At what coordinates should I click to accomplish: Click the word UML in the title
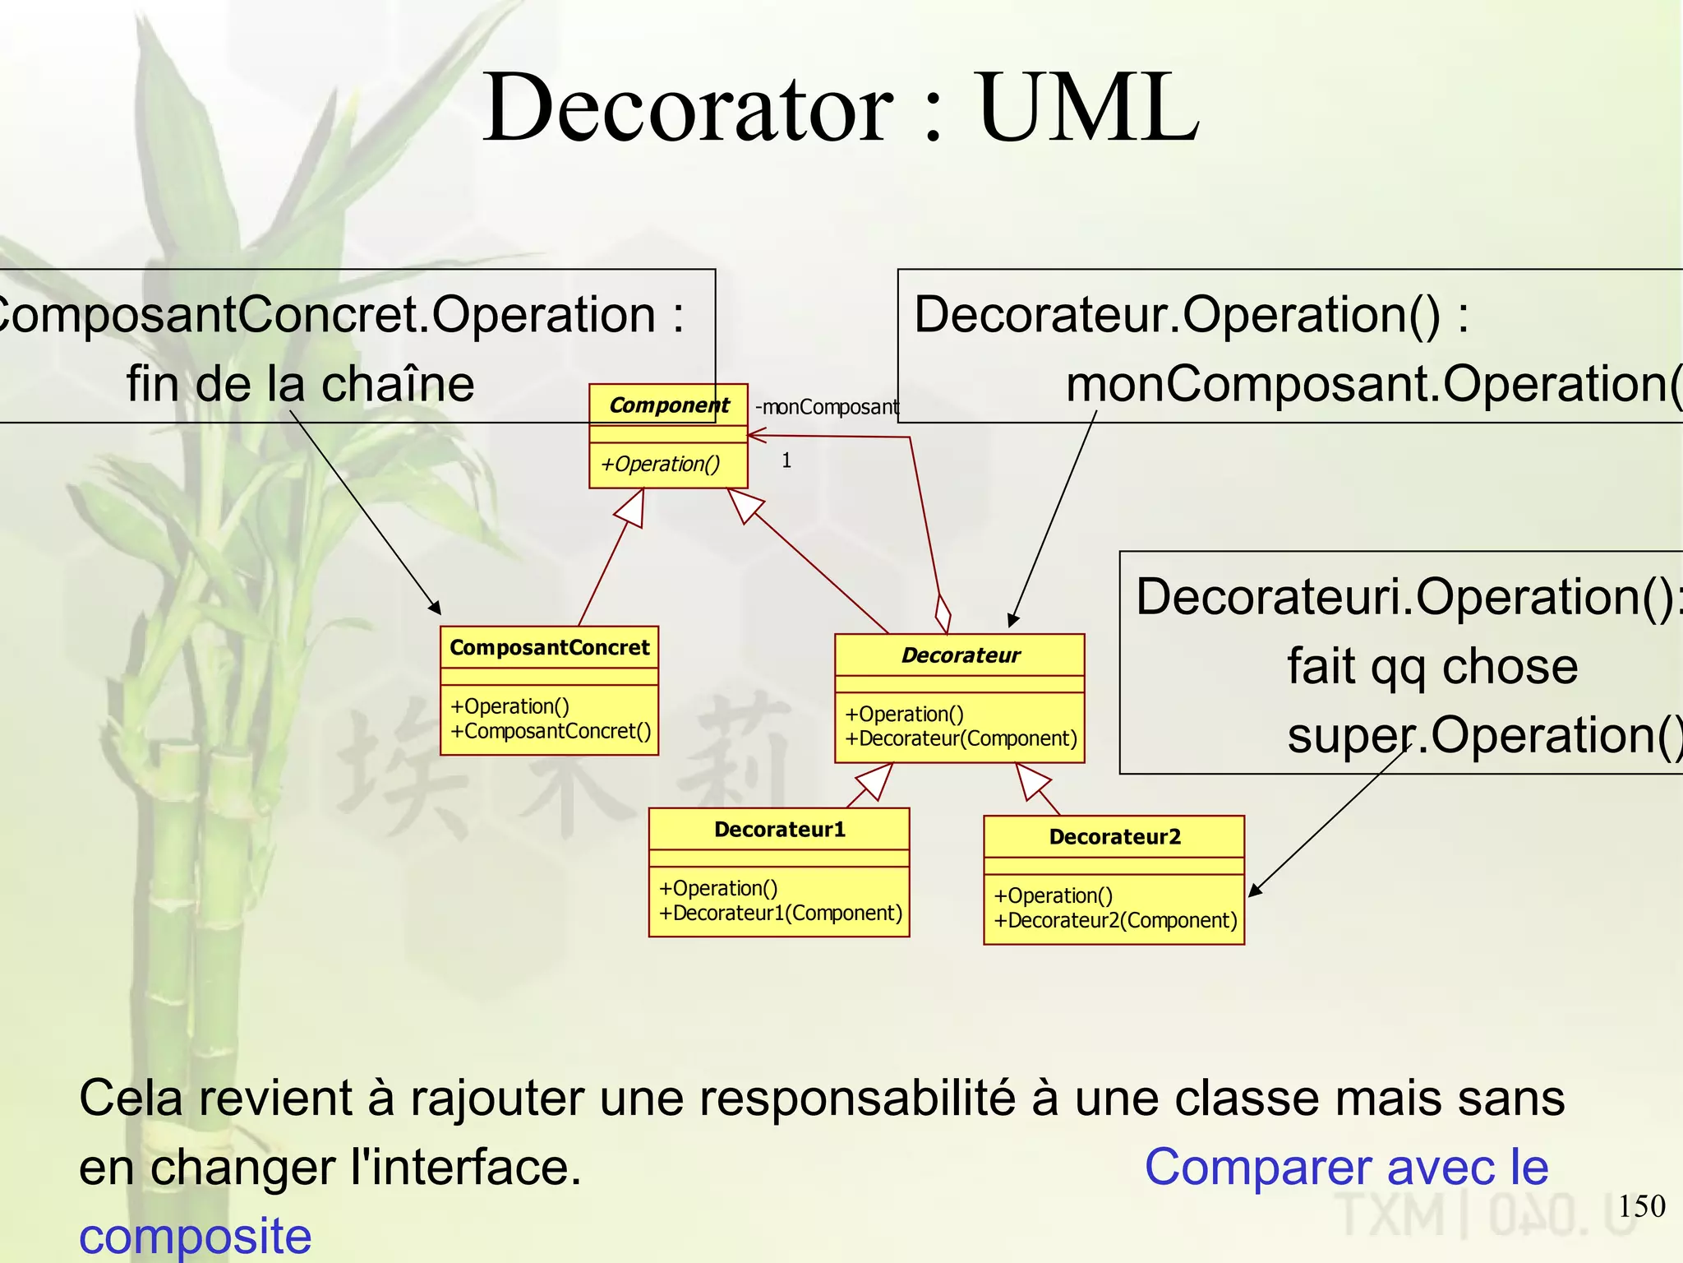(1088, 108)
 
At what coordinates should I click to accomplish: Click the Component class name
(669, 405)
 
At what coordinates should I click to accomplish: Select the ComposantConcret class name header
(549, 648)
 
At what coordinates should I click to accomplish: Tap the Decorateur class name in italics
(960, 655)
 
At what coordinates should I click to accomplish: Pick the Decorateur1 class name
(779, 830)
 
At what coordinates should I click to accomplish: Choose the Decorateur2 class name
(1114, 837)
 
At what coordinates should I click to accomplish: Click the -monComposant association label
(827, 407)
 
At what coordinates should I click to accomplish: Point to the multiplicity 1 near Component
(786, 460)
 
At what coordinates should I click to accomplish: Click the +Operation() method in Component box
(660, 465)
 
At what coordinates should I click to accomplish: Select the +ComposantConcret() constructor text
(550, 731)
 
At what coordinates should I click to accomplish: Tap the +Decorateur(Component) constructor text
(961, 738)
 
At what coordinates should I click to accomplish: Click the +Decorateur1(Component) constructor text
(780, 913)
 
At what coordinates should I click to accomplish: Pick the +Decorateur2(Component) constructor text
(1115, 920)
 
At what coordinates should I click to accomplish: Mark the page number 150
(1641, 1206)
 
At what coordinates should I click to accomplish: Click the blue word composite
(196, 1236)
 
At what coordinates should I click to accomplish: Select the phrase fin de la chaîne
(300, 384)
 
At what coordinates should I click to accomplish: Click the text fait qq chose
(1432, 666)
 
